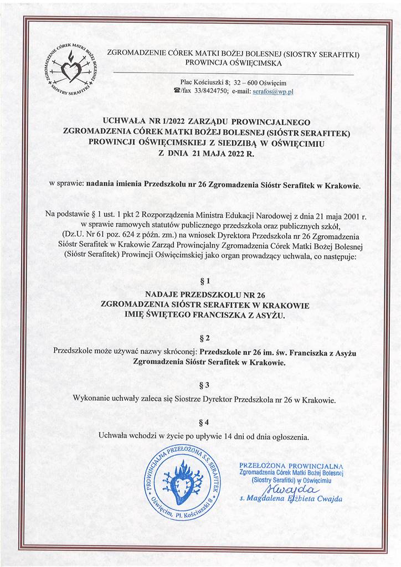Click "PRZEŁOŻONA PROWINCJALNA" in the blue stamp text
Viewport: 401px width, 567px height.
[x=291, y=466]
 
